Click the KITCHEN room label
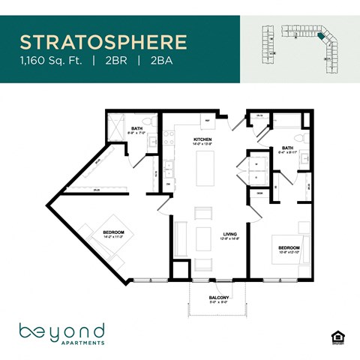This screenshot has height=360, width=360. (202, 139)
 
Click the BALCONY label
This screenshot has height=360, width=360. (218, 298)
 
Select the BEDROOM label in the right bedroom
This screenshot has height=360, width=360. (289, 247)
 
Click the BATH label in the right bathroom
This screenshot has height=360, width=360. (287, 148)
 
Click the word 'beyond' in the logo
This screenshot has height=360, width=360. (61, 330)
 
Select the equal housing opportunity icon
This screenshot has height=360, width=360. (337, 335)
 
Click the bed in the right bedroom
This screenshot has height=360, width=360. (286, 259)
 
